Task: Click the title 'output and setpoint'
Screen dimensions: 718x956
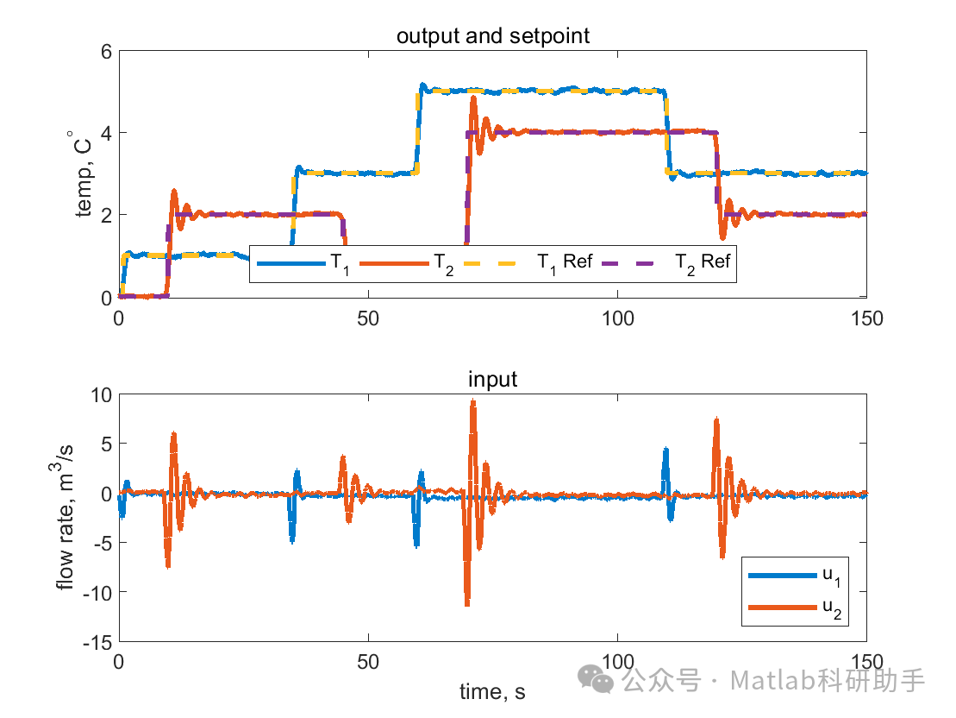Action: pyautogui.click(x=492, y=36)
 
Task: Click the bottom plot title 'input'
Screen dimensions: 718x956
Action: pyautogui.click(x=492, y=380)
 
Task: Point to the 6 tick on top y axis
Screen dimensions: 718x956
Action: pyautogui.click(x=106, y=51)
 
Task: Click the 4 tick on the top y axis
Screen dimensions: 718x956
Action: pyautogui.click(x=106, y=133)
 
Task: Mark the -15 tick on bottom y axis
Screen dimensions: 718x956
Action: pyautogui.click(x=99, y=641)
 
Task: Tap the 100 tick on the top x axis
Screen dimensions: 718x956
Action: pyautogui.click(x=617, y=318)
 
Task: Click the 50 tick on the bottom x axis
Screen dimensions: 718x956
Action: pyautogui.click(x=368, y=662)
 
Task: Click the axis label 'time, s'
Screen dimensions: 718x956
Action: pyautogui.click(x=492, y=691)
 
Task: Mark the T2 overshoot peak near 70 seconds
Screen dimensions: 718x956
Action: pyautogui.click(x=473, y=98)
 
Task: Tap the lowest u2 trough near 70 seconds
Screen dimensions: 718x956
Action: pyautogui.click(x=466, y=604)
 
